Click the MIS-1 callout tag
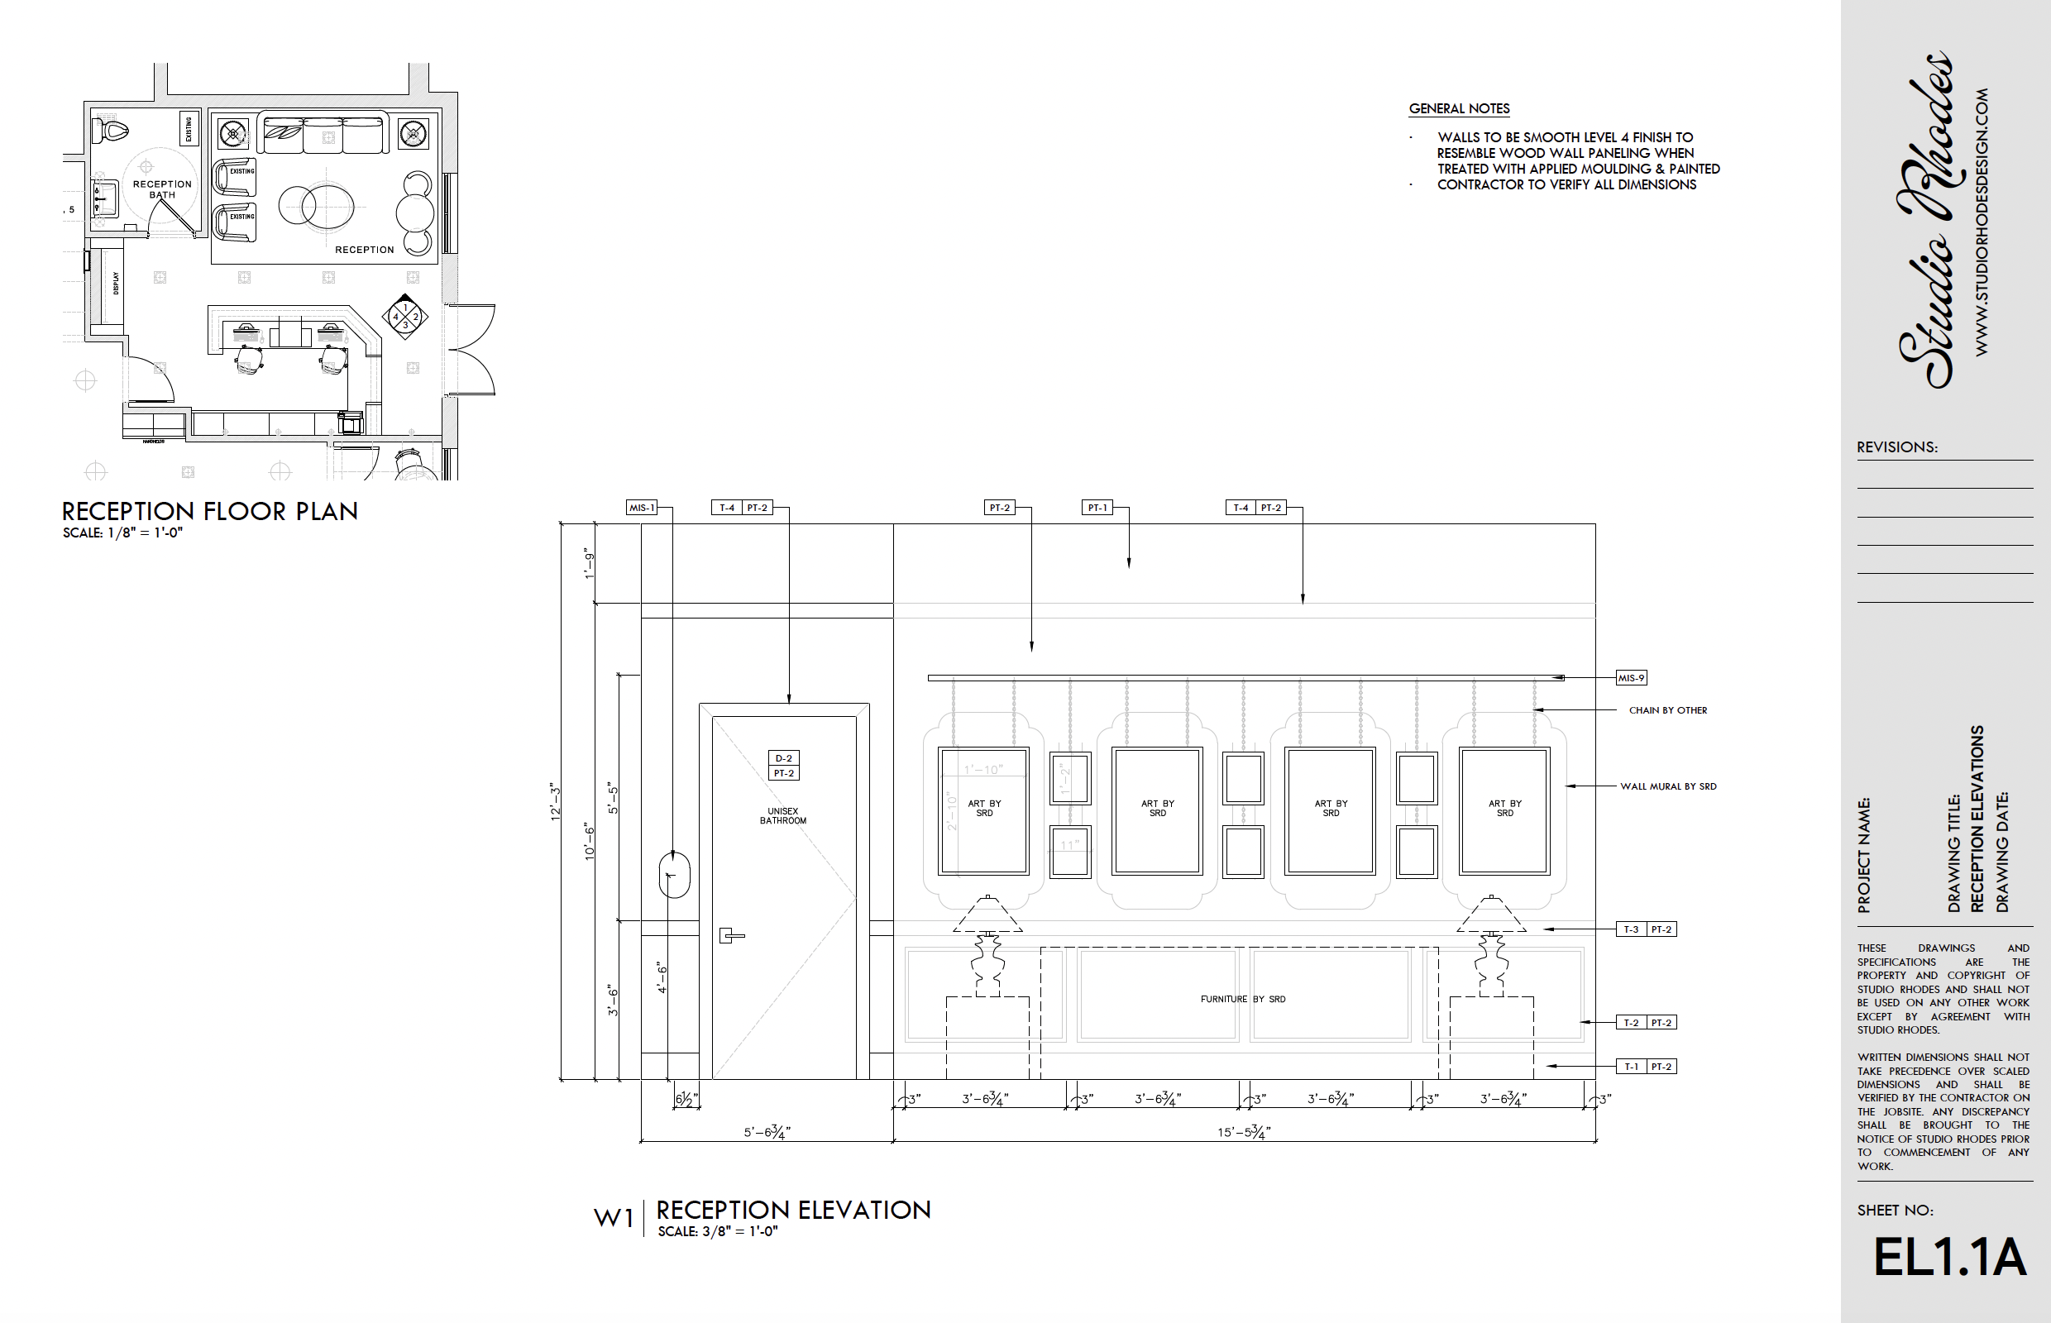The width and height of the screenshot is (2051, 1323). pos(642,508)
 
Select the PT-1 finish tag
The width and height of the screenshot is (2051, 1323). pos(1097,508)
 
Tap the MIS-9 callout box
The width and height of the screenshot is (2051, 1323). pos(1631,678)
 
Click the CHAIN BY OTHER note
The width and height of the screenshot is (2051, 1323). pos(1667,710)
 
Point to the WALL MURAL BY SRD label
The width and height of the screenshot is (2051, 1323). pos(1667,786)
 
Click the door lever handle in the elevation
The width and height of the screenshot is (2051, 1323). pos(730,935)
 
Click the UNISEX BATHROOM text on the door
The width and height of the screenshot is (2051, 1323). pos(782,816)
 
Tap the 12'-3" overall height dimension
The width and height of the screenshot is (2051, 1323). pos(555,801)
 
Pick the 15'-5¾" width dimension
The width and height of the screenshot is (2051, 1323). pos(1243,1132)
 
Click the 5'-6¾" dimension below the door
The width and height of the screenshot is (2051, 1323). pos(767,1132)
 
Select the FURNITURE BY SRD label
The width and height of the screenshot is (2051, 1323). pos(1242,999)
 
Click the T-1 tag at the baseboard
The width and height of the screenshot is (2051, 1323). pos(1631,1067)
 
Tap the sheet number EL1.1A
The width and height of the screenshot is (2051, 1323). pos(1948,1258)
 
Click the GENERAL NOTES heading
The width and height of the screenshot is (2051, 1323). pos(1459,109)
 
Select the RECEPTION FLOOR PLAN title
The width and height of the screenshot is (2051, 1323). pos(210,512)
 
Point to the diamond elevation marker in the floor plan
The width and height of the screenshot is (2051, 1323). pos(404,317)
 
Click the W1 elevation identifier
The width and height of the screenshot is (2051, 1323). pos(614,1218)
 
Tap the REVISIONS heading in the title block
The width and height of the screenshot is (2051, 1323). pos(1896,447)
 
